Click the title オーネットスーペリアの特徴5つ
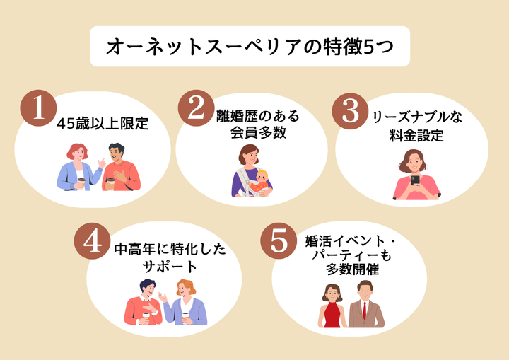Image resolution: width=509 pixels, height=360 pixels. [250, 47]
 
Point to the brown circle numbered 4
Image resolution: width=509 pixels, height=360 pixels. [93, 242]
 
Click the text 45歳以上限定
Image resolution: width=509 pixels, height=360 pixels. [103, 124]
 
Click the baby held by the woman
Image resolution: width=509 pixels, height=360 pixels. [260, 181]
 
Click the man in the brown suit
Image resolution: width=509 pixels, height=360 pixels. [365, 306]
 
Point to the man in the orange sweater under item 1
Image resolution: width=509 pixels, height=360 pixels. [119, 168]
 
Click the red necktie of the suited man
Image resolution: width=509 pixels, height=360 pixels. [365, 310]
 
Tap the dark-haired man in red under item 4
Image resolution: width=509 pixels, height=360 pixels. [144, 303]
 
